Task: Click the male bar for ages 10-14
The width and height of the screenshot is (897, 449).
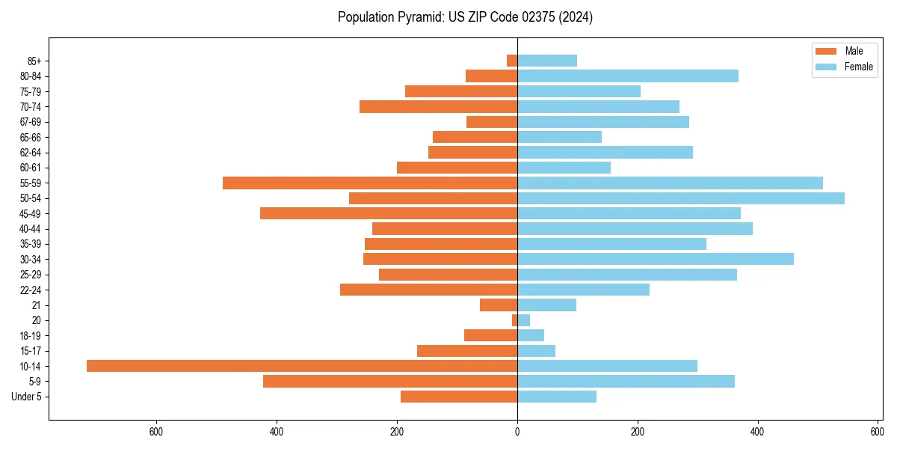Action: [x=302, y=366]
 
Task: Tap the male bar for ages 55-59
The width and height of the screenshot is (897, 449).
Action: [x=370, y=183]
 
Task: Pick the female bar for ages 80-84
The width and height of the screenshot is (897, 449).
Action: [x=628, y=76]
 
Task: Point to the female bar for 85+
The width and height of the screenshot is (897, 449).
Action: [x=547, y=61]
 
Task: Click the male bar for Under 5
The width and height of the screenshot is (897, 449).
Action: [x=459, y=397]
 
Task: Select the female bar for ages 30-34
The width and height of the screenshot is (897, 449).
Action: [x=656, y=259]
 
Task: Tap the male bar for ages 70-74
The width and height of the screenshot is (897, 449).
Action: [x=439, y=106]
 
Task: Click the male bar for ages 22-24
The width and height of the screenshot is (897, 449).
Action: [x=429, y=290]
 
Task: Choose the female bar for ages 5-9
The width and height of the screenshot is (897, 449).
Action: [x=626, y=382]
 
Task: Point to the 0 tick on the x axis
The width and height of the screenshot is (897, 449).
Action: [x=517, y=431]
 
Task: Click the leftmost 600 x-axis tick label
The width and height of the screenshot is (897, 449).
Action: [x=156, y=431]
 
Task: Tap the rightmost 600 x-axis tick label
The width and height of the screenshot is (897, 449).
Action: [x=878, y=431]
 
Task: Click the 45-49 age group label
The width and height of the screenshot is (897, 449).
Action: [x=31, y=213]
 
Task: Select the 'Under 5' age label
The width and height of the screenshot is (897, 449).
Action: [x=27, y=397]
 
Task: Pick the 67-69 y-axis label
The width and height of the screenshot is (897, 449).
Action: [x=31, y=122]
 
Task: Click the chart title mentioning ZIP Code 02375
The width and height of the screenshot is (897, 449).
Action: [x=465, y=17]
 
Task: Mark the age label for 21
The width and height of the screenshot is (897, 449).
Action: [x=36, y=305]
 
